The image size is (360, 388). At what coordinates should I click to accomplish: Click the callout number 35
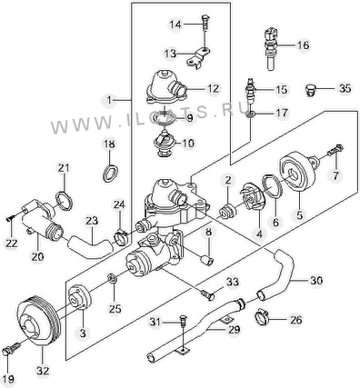345,88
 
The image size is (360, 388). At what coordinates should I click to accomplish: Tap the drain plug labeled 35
310,90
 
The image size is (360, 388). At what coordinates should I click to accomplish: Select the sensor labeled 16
271,48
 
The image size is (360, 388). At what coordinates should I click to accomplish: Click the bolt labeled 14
205,22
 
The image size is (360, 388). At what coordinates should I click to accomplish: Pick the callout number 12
213,89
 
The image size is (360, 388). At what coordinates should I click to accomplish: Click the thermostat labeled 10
165,144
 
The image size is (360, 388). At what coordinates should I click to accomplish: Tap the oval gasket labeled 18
110,173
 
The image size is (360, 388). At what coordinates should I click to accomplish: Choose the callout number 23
92,221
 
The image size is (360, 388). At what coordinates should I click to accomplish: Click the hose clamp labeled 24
121,237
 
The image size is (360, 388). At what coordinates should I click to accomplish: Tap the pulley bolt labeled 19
11,349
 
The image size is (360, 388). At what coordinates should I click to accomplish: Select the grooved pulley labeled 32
37,323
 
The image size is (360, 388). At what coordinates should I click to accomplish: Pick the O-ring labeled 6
272,186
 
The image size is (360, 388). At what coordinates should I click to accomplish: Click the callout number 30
316,280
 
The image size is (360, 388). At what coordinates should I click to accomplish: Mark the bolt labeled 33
208,294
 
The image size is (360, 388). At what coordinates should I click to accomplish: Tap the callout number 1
110,99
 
